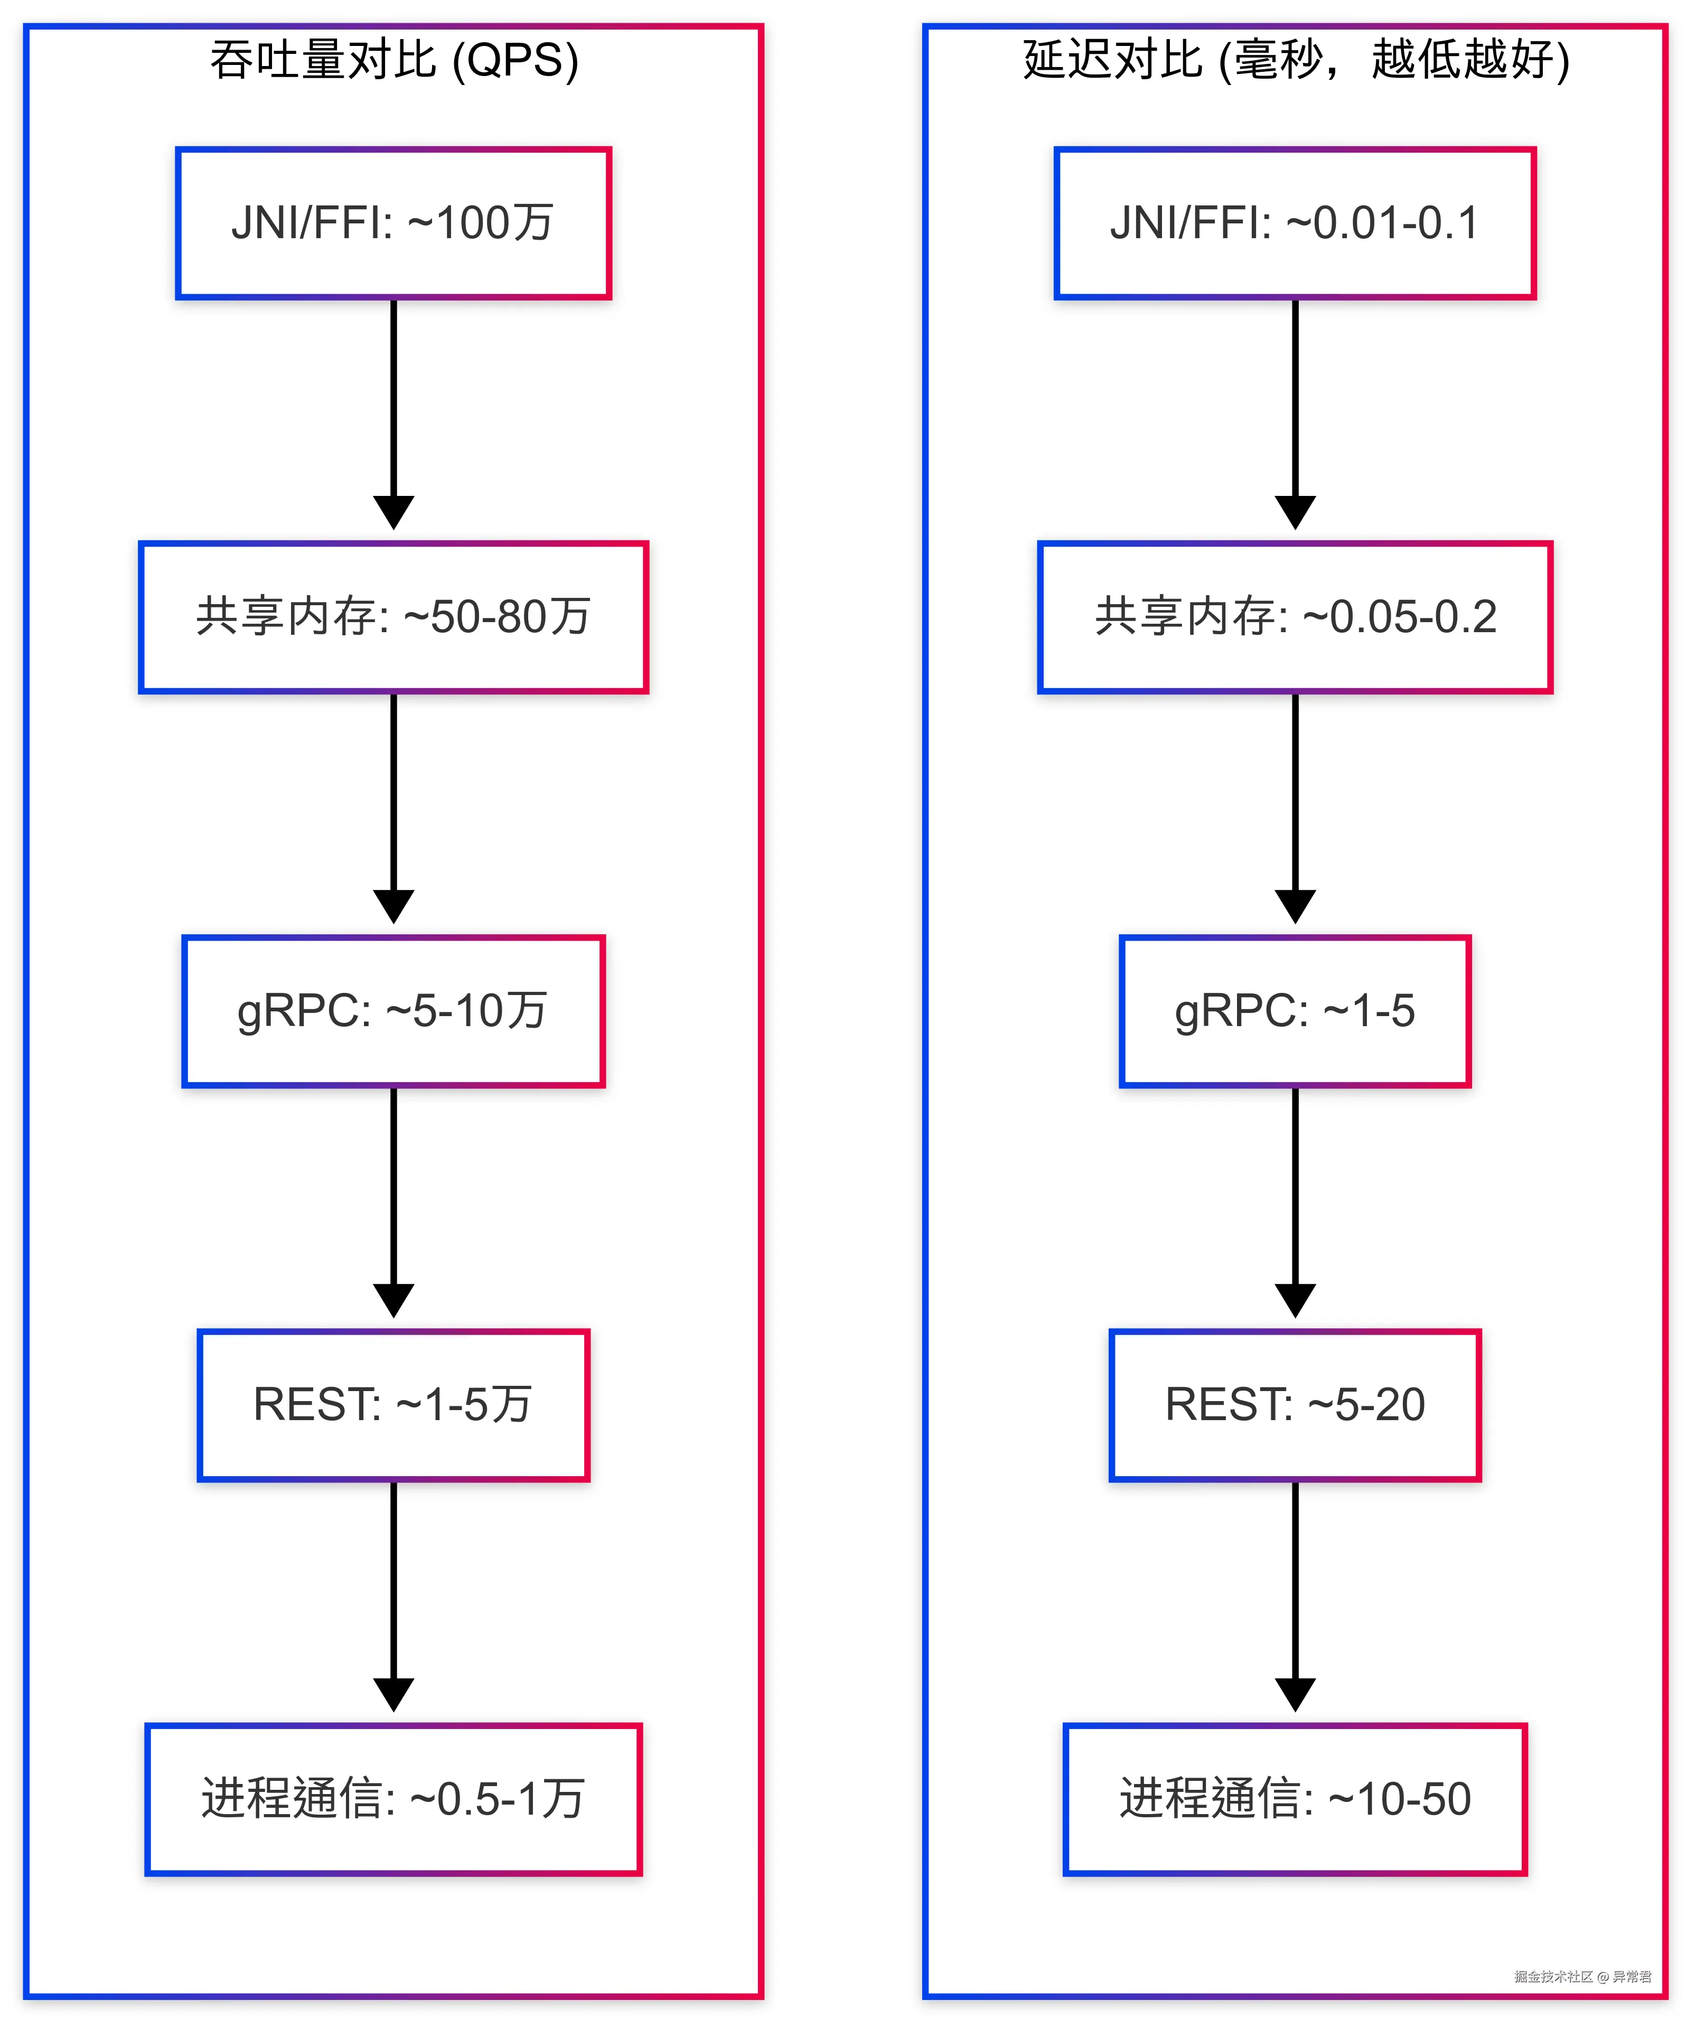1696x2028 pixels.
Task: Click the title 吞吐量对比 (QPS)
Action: pos(394,60)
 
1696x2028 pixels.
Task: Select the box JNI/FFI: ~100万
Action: pos(393,223)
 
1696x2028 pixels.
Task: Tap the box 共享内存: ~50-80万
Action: pos(393,617)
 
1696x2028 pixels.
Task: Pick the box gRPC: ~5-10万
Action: pos(393,1011)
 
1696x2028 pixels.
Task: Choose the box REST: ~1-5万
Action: pos(393,1405)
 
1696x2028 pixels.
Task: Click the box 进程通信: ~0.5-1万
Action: pos(393,1799)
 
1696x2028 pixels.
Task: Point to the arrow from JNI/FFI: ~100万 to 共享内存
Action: pos(393,406)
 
